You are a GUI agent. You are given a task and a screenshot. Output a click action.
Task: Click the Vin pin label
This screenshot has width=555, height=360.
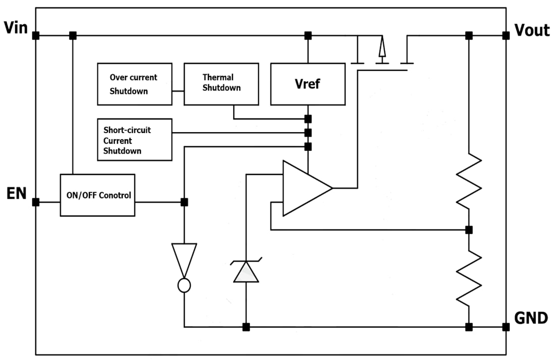tap(16, 28)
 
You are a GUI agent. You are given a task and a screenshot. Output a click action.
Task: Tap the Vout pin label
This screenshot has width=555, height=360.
tap(532, 30)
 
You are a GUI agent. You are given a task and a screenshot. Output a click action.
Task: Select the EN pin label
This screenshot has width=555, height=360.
tap(16, 193)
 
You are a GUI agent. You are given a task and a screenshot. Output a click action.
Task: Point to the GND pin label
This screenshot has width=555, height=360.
tap(531, 318)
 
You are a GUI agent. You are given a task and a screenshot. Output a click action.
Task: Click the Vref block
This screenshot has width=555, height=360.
tap(308, 84)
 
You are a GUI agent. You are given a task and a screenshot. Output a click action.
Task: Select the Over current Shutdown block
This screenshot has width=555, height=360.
tap(134, 84)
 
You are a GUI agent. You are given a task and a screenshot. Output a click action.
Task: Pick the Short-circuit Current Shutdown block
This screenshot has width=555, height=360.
tap(134, 140)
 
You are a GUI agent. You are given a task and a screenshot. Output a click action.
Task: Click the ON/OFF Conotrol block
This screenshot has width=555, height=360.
tap(97, 195)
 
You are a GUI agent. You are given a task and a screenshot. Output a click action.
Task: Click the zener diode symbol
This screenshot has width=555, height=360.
tap(246, 271)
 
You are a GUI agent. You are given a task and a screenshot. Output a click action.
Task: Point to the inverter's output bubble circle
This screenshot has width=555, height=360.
tap(184, 285)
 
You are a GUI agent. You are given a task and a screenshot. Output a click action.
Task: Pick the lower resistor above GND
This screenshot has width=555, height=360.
tap(469, 277)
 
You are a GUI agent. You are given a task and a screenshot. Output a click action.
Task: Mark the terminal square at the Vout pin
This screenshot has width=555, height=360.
tap(506, 35)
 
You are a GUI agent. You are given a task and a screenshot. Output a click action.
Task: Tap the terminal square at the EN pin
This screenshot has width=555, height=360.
tap(36, 202)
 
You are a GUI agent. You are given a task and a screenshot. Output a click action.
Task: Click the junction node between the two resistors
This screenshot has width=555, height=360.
tap(469, 230)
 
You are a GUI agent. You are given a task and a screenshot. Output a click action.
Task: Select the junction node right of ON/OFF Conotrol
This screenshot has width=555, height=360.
tap(184, 202)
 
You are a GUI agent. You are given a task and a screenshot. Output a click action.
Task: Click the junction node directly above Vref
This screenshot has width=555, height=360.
tap(308, 35)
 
